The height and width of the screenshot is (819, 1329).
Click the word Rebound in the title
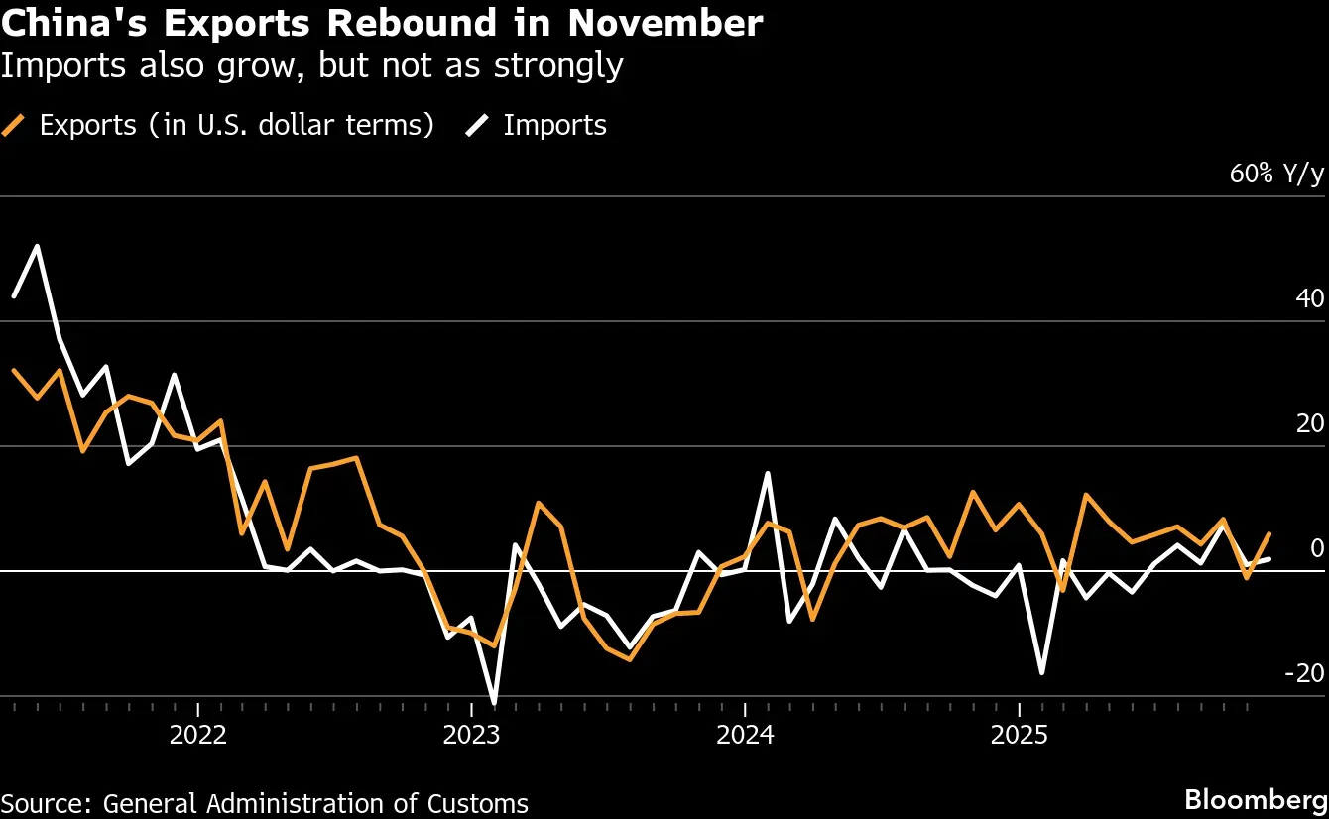tap(412, 23)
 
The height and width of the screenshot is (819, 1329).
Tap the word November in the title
tap(665, 23)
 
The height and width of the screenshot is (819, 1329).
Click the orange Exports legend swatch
tap(13, 125)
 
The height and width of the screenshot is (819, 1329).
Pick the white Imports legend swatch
tap(477, 125)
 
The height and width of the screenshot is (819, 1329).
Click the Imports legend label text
tap(555, 125)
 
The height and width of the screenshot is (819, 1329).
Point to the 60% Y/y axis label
tap(1276, 174)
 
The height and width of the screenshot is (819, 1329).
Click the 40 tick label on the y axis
tap(1309, 298)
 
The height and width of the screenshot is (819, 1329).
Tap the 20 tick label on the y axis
tap(1309, 423)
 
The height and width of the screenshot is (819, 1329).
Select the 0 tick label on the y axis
tap(1316, 548)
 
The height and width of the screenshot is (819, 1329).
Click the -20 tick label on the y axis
tap(1304, 673)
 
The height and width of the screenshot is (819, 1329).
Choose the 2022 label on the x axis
tap(198, 736)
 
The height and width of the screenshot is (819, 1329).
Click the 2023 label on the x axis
tap(472, 736)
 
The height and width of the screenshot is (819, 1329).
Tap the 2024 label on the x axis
tap(745, 736)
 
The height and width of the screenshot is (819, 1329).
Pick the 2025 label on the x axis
tap(1020, 736)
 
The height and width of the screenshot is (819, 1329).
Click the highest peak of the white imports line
tap(38, 246)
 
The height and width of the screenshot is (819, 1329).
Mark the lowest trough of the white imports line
tap(494, 703)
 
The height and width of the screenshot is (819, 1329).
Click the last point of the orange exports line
tap(1269, 533)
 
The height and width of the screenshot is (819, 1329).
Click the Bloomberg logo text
tap(1256, 800)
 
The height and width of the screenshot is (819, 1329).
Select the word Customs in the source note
tap(478, 804)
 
